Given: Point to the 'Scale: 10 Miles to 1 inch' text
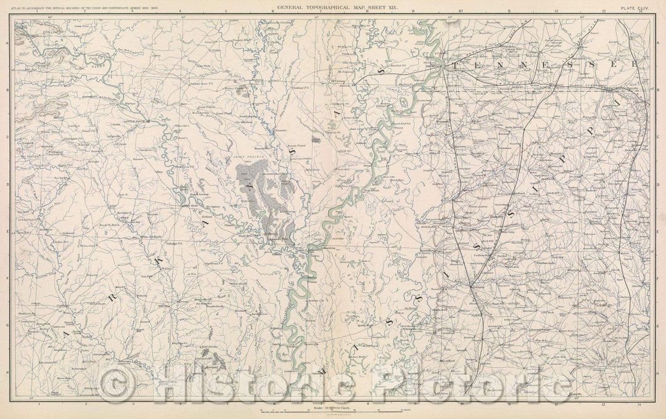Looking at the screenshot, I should tap(333, 408).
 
